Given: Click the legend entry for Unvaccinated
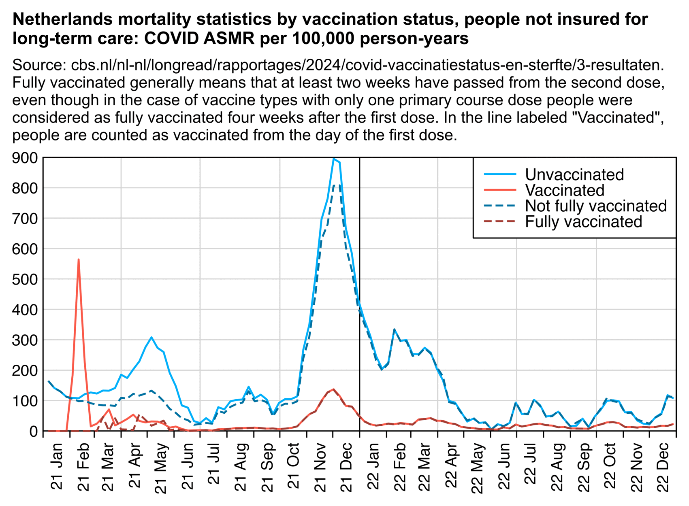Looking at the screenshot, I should coord(574,174).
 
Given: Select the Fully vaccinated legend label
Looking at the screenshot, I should coord(583,222).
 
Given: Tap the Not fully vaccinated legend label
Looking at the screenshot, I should coord(595,206).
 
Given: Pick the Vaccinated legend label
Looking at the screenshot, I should coord(564,190).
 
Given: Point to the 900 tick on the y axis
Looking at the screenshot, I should coord(25,158).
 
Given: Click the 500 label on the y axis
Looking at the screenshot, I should coord(25,279).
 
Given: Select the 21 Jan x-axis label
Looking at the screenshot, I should coord(57,466).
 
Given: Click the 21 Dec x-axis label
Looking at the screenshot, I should coord(347,466).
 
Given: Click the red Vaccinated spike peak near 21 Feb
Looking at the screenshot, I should coord(79,259).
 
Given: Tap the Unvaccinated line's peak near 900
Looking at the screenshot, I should coord(333,159).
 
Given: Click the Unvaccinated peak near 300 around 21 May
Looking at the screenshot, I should coord(151,337).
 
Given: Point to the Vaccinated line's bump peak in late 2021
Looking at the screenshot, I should coord(333,389).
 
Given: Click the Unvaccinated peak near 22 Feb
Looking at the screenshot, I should coord(394,330).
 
